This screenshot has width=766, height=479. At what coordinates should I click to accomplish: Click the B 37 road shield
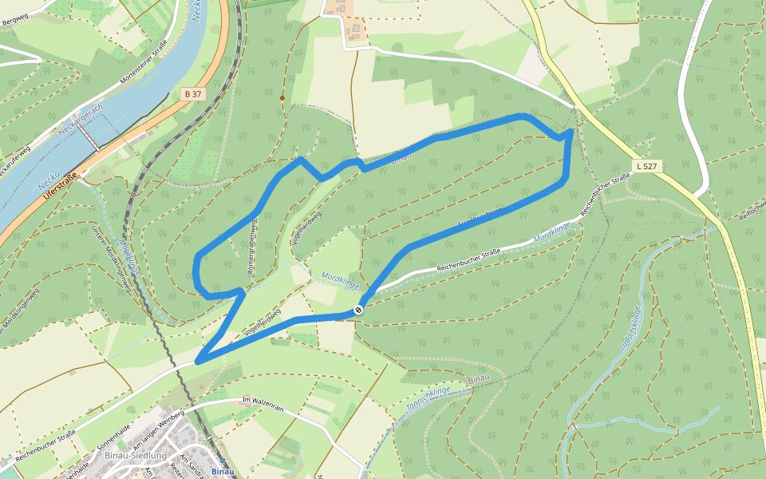192,94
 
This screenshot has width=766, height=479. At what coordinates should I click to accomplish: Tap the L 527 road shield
646,165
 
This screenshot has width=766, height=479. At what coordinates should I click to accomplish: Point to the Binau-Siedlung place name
135,455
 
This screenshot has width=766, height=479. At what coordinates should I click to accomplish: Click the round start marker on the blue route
359,309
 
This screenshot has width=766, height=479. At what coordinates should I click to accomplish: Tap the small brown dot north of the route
282,98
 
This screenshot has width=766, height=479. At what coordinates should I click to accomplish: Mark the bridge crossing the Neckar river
93,142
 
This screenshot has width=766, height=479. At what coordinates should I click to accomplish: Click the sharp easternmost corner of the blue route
572,131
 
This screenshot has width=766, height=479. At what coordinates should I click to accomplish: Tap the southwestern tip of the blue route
198,362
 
